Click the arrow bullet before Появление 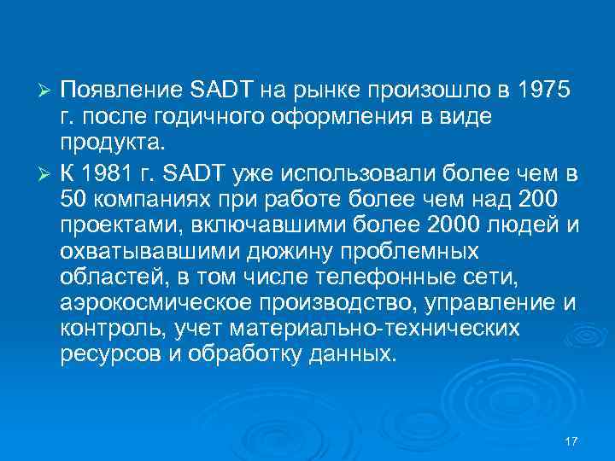(48, 92)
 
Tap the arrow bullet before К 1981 (48, 176)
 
